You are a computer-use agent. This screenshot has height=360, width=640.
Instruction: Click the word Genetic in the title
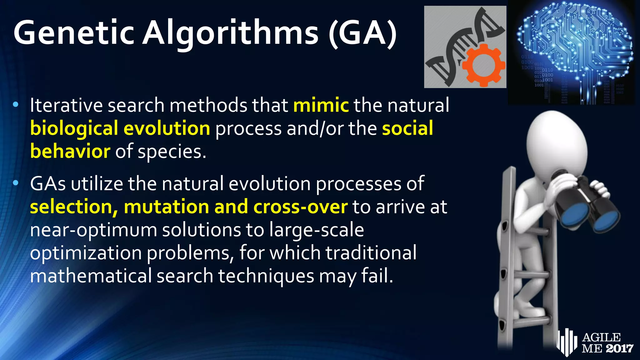coord(74,33)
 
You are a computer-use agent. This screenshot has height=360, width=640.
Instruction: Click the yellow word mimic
coord(321,105)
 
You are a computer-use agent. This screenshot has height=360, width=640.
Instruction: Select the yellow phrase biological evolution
coord(120,128)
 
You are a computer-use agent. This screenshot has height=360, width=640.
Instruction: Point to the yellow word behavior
coord(70,152)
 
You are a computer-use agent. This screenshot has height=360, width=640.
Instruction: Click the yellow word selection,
coord(74,207)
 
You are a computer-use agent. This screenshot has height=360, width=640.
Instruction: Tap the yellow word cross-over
coord(300,207)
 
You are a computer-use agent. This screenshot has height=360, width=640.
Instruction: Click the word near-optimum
coord(93,230)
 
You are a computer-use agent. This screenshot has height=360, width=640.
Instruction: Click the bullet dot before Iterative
coord(16,105)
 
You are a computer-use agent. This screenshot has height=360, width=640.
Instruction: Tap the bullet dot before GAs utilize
coord(16,183)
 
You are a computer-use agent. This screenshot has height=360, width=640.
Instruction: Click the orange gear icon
coord(483,66)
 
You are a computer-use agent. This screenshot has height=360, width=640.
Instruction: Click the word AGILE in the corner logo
coord(602,337)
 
